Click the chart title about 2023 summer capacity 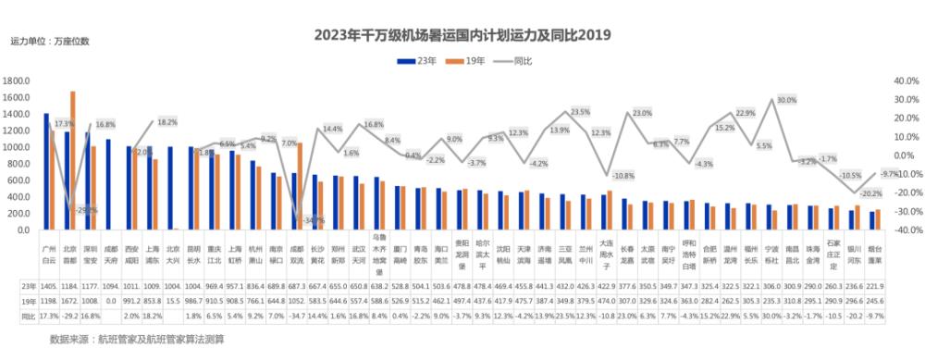(463, 36)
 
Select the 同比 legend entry (537, 59)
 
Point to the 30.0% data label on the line (787, 99)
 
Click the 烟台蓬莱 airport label (876, 254)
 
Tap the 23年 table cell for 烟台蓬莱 (876, 287)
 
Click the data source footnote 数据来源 (137, 340)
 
